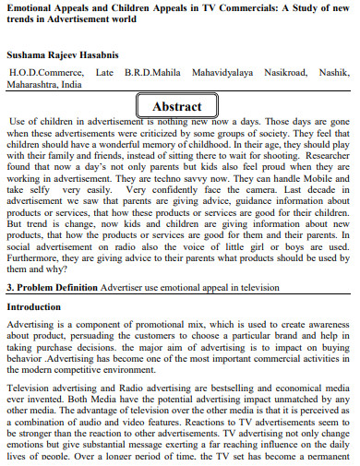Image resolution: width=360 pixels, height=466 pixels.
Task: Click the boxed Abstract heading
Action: (x=176, y=106)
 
